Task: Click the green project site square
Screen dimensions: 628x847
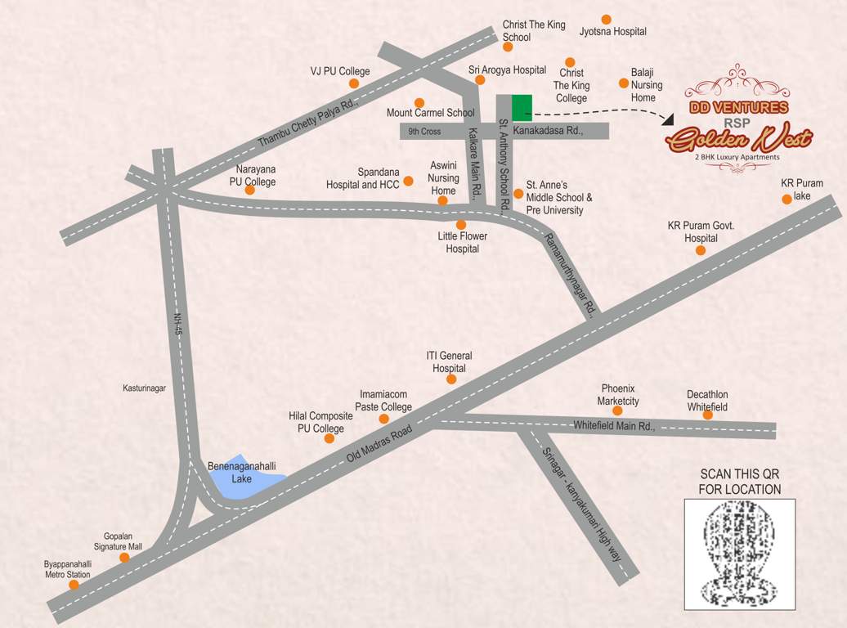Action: [x=522, y=107]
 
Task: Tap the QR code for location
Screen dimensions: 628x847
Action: [x=739, y=554]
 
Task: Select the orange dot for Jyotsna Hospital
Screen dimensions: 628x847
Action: [x=606, y=20]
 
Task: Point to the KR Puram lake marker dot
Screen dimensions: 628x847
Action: [x=786, y=199]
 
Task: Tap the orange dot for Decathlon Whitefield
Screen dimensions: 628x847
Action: [x=707, y=415]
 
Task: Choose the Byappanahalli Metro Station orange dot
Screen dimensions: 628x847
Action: [x=74, y=585]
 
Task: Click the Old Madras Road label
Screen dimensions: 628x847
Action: [x=379, y=446]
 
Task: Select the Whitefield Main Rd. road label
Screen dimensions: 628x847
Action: [x=614, y=426]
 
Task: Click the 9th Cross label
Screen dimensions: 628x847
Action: [x=424, y=132]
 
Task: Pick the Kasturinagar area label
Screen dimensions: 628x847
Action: [x=144, y=388]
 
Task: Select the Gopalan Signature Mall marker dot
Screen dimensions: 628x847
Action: [x=124, y=558]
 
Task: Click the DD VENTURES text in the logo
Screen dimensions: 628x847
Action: [x=738, y=107]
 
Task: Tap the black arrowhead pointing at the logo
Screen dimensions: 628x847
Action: [x=668, y=119]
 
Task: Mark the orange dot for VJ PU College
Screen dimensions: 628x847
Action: [x=354, y=83]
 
